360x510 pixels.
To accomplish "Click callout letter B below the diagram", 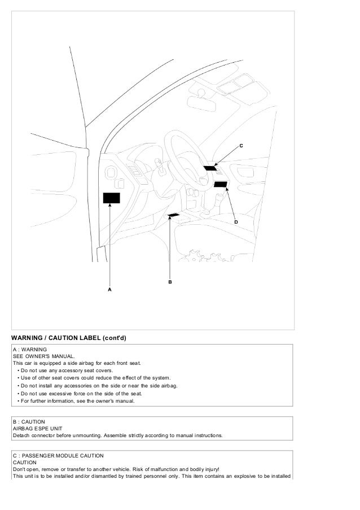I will click(169, 281).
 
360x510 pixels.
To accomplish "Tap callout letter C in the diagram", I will click(241, 146).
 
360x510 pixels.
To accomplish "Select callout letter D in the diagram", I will click(236, 222).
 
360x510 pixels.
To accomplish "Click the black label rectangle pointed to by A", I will click(111, 198).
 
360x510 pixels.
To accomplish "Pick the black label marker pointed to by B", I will click(174, 215).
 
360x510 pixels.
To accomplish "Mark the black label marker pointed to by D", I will click(220, 184).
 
